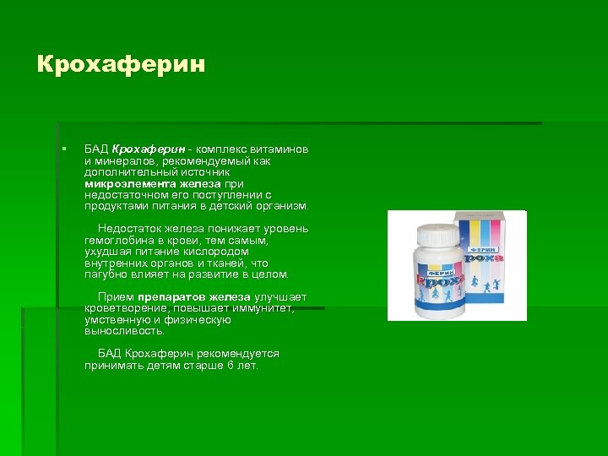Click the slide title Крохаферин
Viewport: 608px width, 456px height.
pyautogui.click(x=121, y=65)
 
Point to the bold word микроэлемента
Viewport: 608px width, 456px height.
pyautogui.click(x=130, y=183)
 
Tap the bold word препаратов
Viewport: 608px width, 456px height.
pyautogui.click(x=173, y=297)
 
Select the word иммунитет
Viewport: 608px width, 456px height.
pyautogui.click(x=263, y=309)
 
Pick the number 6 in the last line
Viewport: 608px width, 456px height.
pyautogui.click(x=229, y=366)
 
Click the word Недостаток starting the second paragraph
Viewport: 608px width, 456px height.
pyautogui.click(x=128, y=229)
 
